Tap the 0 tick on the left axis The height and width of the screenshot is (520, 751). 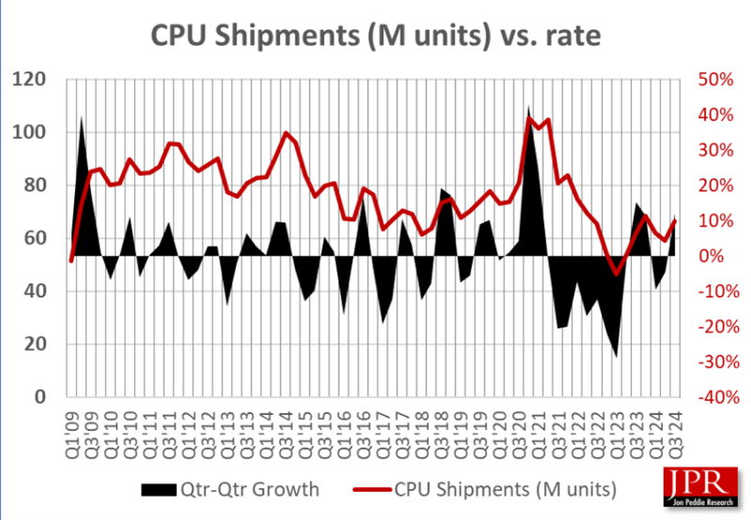tap(40, 397)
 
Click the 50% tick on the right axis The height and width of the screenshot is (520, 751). tap(714, 79)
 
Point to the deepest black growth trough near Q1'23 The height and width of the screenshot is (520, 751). tap(616, 353)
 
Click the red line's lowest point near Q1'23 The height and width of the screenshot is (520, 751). tap(616, 273)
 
